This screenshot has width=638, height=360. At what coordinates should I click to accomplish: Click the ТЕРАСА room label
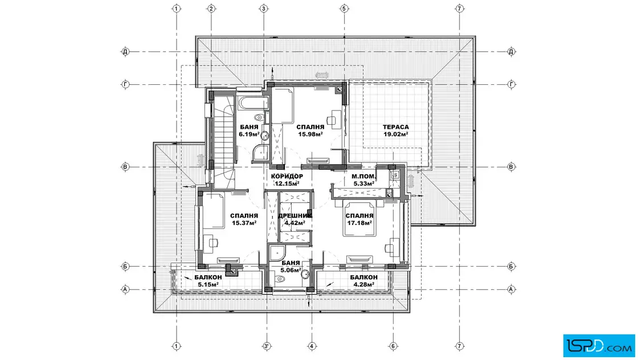pos(395,127)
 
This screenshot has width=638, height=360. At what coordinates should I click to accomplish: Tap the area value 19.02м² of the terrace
pos(395,134)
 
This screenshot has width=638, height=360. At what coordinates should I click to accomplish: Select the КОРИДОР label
pos(287,177)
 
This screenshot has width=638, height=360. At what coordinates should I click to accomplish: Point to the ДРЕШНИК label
pos(295,215)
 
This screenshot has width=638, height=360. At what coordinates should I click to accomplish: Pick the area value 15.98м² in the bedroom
pos(310,134)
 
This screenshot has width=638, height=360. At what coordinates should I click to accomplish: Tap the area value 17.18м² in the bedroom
pos(359,223)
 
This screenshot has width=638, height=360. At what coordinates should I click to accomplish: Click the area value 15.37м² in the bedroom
pos(244,223)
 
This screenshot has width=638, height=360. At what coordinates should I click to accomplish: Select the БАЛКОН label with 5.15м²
pos(208,277)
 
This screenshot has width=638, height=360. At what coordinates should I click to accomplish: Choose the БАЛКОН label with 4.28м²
pos(364,277)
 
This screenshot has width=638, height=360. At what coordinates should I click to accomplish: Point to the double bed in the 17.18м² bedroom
pos(359,218)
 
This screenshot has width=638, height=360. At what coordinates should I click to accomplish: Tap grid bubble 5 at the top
pos(344,9)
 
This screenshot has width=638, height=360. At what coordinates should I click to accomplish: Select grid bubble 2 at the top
pos(211,9)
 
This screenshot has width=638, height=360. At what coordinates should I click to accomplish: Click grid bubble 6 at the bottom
pos(393,346)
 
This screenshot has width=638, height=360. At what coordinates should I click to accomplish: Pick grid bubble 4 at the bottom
pos(312,346)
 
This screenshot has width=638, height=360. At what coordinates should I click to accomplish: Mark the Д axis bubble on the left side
pos(125,52)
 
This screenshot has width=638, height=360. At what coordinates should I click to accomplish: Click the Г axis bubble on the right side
pos(512,85)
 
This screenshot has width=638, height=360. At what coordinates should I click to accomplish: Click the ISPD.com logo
pos(599,346)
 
